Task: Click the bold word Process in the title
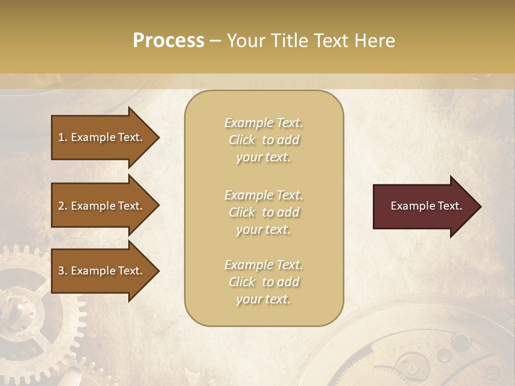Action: [168, 41]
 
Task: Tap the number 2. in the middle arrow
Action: [63, 206]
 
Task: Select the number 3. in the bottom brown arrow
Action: [63, 271]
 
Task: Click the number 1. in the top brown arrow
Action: [63, 137]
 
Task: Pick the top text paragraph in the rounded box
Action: [263, 140]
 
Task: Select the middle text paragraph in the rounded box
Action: [263, 212]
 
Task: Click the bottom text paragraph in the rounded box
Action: [263, 282]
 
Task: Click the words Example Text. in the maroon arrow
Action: [426, 206]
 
